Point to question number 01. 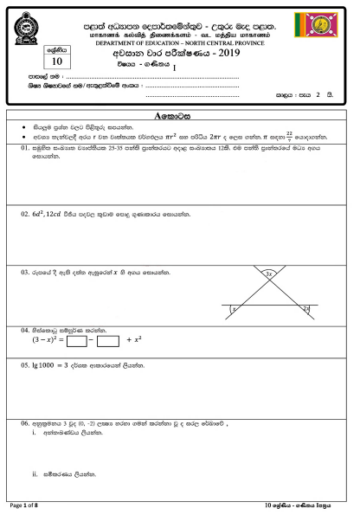tap(26, 148)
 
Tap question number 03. tap(26, 272)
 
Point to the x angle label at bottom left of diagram tap(234, 308)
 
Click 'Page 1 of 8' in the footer tap(26, 503)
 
